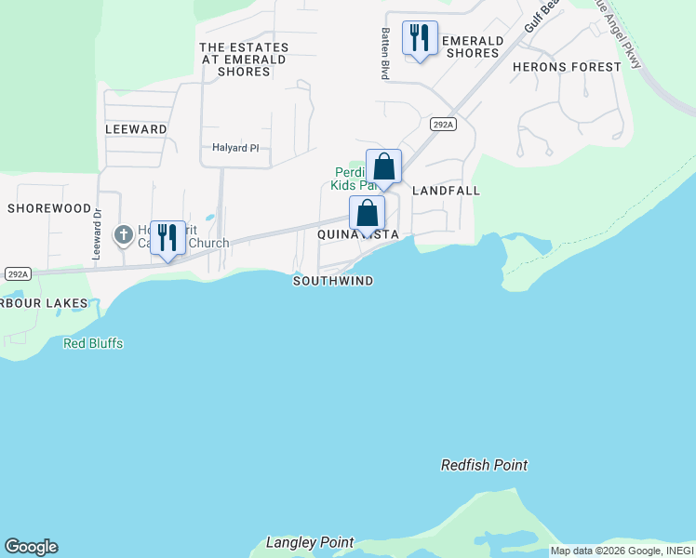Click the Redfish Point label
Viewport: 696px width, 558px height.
coord(484,465)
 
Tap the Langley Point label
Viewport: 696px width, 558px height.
coord(310,542)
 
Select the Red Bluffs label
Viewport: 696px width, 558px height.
coord(93,343)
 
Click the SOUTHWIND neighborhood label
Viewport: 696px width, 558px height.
coord(333,281)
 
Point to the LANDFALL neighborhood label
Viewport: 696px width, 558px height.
coord(446,191)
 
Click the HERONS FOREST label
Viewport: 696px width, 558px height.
coord(567,67)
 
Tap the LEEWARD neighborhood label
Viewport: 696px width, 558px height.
coord(136,129)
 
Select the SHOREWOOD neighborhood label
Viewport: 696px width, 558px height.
coord(49,208)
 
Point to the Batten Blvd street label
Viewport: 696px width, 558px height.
coord(384,53)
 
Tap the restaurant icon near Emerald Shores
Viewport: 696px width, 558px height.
coord(420,38)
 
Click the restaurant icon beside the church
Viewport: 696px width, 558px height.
coord(167,237)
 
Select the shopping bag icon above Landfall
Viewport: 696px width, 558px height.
coord(383,167)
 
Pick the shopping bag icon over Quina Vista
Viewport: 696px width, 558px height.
coord(368,213)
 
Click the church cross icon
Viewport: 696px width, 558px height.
coord(124,235)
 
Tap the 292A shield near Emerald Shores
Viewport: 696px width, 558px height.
coord(443,124)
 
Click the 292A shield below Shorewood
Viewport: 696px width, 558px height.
coord(18,273)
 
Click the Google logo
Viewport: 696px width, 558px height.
coord(31,547)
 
